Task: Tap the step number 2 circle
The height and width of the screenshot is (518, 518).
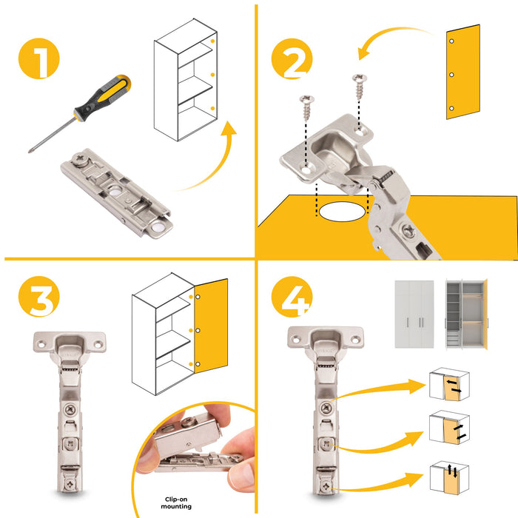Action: point(292,58)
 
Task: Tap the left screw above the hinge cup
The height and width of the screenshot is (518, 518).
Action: point(306,110)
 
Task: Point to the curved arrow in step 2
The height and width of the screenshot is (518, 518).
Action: point(392,37)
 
